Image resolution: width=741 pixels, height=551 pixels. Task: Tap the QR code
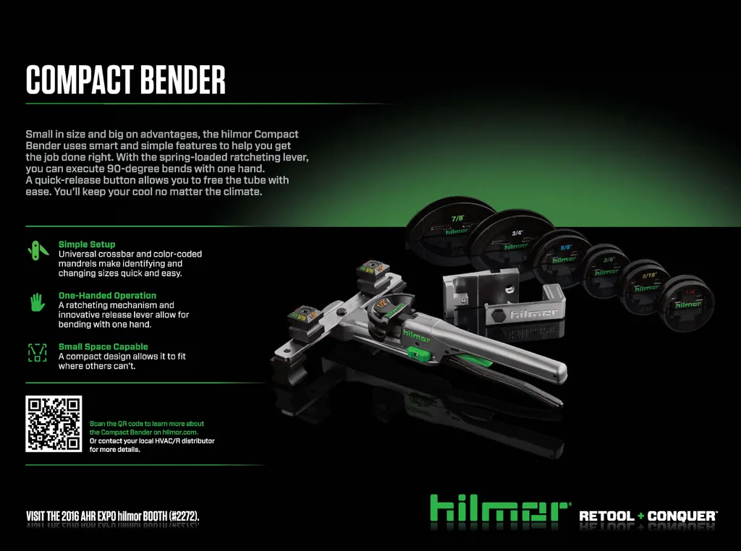click(x=54, y=424)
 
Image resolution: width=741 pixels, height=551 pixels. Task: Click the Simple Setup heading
click(x=87, y=244)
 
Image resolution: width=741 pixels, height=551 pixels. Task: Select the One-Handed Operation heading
click(x=107, y=296)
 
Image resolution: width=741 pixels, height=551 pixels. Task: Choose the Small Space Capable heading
click(x=103, y=346)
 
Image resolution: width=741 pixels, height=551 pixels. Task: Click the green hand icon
click(x=38, y=302)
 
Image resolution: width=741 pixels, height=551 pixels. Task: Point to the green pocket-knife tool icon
click(x=38, y=250)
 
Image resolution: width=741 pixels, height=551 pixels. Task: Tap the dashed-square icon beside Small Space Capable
click(x=38, y=352)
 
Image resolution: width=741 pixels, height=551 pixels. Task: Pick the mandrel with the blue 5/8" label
click(x=562, y=257)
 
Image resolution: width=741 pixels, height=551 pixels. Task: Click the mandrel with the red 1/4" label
click(x=687, y=303)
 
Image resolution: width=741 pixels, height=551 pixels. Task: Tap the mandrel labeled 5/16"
click(x=646, y=286)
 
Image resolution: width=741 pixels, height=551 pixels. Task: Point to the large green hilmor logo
click(x=499, y=508)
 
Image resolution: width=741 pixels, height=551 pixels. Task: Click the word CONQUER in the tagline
click(x=682, y=516)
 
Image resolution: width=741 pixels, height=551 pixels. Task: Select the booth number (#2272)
click(x=185, y=516)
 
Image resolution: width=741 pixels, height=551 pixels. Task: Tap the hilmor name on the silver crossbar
click(x=535, y=312)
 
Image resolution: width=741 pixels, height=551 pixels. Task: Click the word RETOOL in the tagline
click(x=607, y=516)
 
